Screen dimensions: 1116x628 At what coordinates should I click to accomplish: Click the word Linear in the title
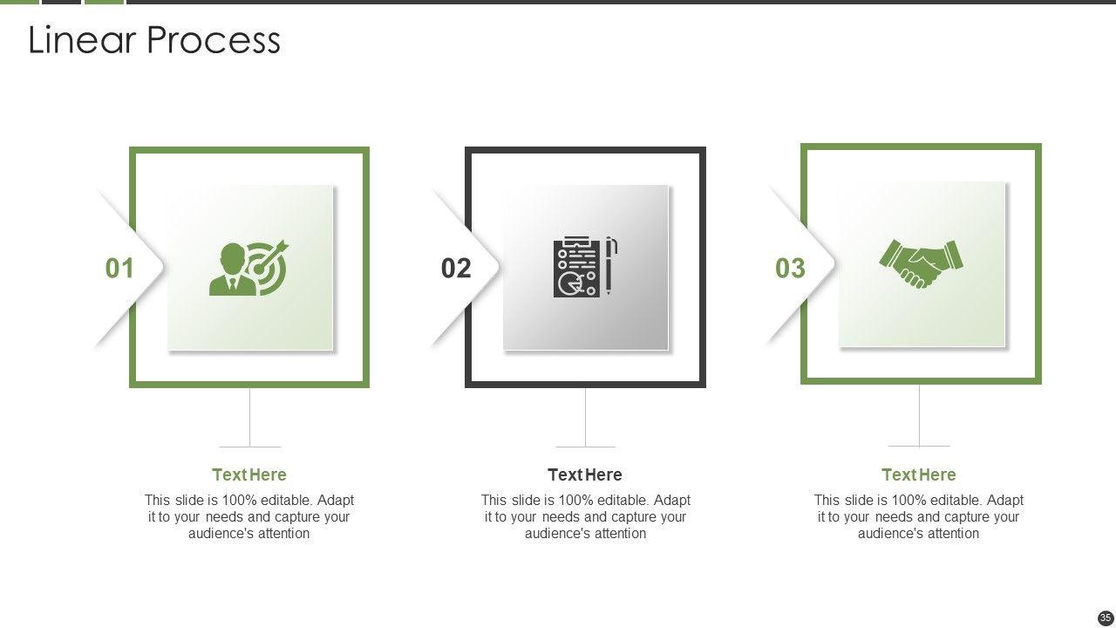pos(82,39)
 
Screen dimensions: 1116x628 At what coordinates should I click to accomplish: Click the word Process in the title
pos(214,40)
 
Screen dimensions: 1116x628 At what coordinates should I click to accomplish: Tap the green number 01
pos(119,268)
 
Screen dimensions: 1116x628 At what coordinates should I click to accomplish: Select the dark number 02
pos(456,268)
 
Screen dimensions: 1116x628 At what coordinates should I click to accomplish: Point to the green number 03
pos(790,268)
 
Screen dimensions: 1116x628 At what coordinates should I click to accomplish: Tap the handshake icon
pos(921,264)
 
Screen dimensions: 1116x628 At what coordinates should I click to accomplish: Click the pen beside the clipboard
pos(611,265)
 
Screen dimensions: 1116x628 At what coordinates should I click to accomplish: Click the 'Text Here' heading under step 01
pos(249,474)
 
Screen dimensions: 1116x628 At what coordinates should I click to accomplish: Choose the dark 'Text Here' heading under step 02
pos(585,474)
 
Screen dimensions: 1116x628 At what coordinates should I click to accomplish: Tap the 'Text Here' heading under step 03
pos(919,474)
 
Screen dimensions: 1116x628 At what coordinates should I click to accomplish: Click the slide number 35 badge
pos(1105,618)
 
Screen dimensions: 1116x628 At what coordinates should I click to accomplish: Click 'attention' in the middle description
pos(621,533)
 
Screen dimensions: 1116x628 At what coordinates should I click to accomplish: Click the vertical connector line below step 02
pos(585,417)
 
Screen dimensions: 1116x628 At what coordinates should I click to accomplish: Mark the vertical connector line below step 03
pos(919,415)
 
